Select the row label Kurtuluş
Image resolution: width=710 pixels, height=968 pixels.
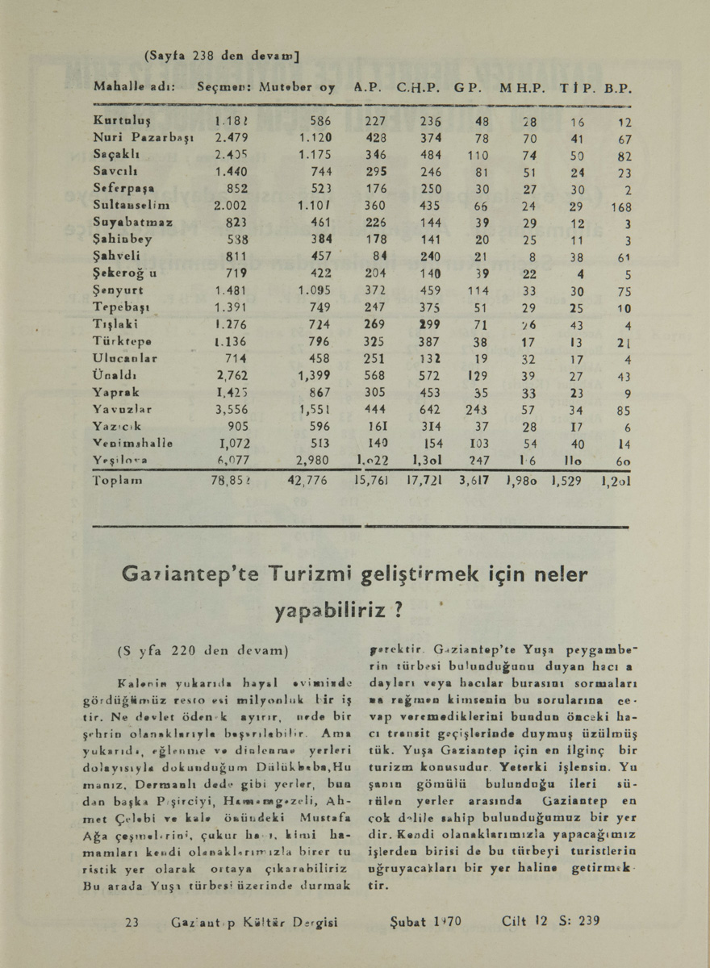[x=119, y=120]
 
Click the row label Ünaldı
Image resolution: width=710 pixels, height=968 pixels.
[x=115, y=375]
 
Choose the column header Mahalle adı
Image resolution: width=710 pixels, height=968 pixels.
[x=136, y=87]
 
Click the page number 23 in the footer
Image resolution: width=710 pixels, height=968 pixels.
[x=133, y=920]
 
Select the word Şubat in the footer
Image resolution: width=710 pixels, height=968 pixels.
[x=409, y=920]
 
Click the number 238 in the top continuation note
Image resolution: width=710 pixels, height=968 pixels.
[x=203, y=57]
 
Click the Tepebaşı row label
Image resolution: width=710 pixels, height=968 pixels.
[x=120, y=307]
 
